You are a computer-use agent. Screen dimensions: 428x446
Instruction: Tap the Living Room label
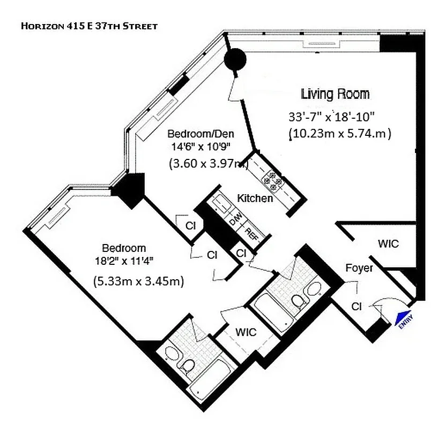335,95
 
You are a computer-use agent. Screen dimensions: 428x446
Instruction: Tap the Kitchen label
255,198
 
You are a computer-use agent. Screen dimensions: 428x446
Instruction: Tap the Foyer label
359,268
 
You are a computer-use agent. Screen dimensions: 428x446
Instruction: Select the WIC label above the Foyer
388,244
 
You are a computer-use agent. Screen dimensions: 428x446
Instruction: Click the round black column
234,60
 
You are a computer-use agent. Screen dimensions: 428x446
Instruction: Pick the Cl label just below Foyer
356,306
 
